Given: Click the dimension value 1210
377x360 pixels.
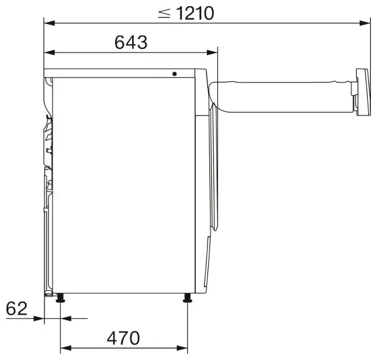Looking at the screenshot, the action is click(195, 13).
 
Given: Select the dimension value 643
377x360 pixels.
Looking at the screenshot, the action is click(131, 43).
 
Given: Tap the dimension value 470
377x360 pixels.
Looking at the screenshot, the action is click(124, 338).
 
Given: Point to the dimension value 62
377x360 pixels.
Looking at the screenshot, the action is click(17, 309).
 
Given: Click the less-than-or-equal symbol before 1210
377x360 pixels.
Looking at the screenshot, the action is click(164, 13).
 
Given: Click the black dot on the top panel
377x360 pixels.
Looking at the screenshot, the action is click(174, 74).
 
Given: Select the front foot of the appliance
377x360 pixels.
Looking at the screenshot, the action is click(187, 298).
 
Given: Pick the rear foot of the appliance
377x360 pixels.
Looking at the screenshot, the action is click(60, 298).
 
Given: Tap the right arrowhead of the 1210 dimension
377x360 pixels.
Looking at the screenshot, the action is click(365, 23).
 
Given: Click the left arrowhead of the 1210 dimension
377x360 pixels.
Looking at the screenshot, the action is click(50, 23).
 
